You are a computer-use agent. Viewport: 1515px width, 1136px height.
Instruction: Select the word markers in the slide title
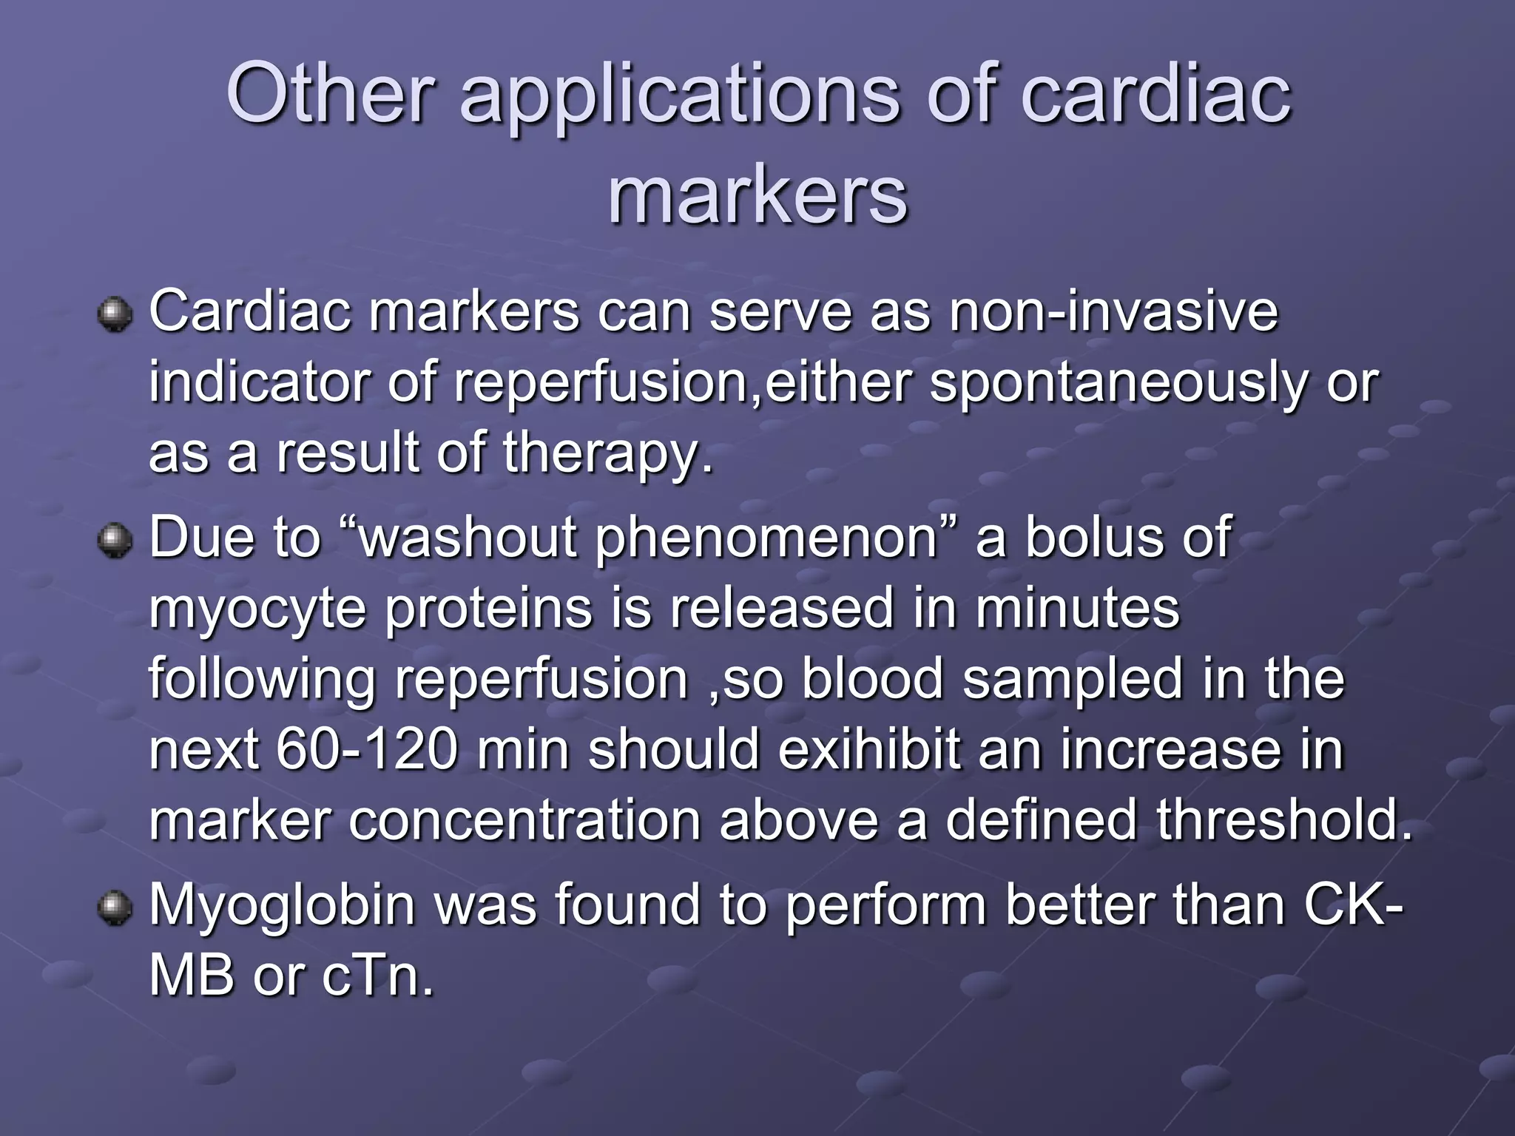coord(757,195)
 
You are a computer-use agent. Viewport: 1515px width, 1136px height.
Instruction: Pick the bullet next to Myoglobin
coord(114,907)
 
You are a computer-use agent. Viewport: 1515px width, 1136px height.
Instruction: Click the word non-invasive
coord(1113,311)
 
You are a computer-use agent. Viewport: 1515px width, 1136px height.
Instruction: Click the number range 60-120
coord(367,749)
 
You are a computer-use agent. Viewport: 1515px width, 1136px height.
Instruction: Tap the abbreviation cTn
coord(377,976)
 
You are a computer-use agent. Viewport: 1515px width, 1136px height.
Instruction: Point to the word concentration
coord(524,820)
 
